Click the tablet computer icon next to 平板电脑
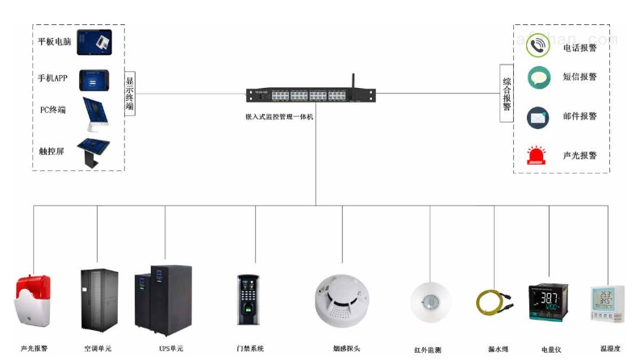(x=94, y=42)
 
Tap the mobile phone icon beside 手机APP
(x=94, y=79)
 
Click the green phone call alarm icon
(x=538, y=46)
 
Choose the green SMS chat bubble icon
(x=538, y=77)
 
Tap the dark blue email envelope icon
(x=538, y=116)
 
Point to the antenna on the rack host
(x=353, y=82)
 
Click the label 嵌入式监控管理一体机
(x=280, y=117)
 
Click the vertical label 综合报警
(x=507, y=94)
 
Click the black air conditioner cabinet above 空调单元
(x=98, y=300)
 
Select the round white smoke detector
(x=342, y=295)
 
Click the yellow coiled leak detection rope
(x=493, y=304)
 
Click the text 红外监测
(x=427, y=350)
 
